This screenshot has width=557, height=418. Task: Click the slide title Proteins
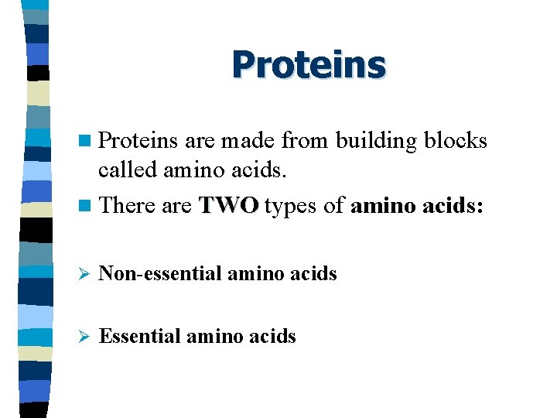(308, 64)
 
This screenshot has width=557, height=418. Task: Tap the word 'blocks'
(457, 141)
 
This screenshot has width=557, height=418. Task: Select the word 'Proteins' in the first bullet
(138, 141)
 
